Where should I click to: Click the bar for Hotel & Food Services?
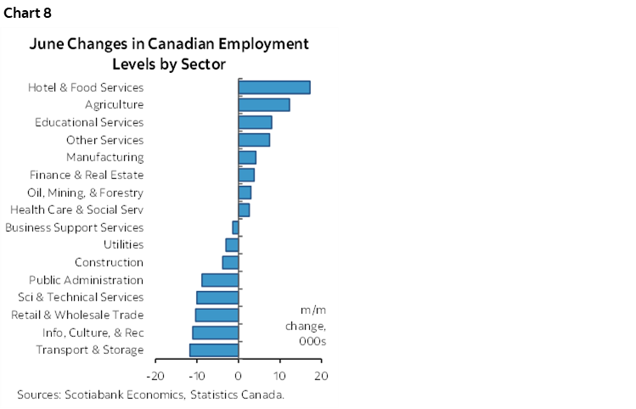pos(273,87)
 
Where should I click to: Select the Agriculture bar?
pos(263,104)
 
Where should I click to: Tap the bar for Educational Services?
pos(255,122)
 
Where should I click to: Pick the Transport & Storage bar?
pos(214,350)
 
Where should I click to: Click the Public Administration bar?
pos(220,280)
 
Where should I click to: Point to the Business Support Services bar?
pos(235,227)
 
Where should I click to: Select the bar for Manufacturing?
pos(247,157)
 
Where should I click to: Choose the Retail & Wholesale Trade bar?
pos(217,315)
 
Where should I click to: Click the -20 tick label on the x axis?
pos(155,375)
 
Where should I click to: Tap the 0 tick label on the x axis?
pos(239,375)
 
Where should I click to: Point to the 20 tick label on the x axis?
pos(321,375)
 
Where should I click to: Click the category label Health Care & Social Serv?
pos(76,210)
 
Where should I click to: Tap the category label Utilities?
pos(123,245)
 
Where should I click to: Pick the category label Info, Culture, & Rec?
pos(93,333)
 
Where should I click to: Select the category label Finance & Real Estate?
pos(87,175)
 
